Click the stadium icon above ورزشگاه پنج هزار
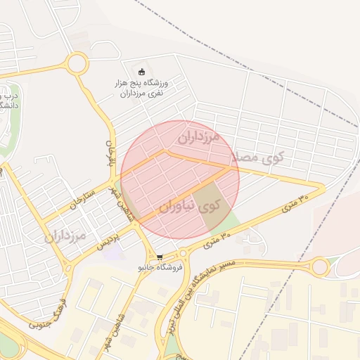141,72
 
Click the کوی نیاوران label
189,207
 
